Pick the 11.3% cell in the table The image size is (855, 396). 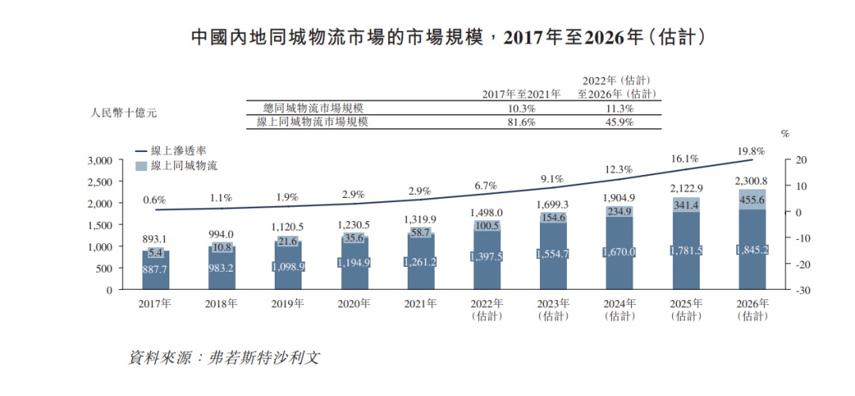tap(618, 108)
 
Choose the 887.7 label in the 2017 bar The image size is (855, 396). tap(155, 268)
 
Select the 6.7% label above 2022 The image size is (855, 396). tap(486, 185)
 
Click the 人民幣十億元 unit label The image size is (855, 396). tap(124, 112)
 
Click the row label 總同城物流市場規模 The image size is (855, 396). tap(315, 108)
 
